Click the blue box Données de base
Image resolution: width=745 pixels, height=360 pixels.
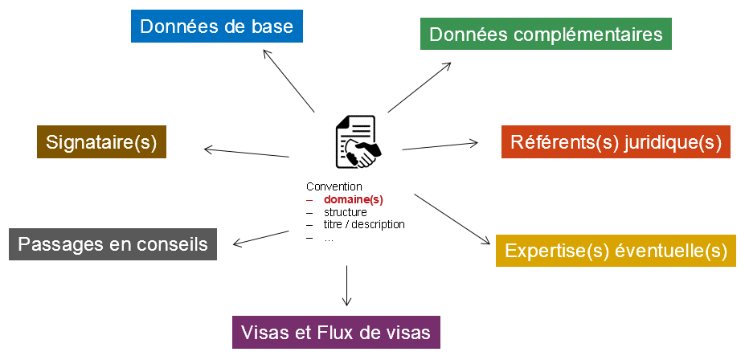tap(217, 27)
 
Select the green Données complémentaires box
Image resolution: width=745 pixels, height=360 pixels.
tap(546, 35)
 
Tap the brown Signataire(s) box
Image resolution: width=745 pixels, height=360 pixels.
tap(101, 142)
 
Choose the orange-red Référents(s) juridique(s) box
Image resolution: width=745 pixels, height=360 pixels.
tap(616, 142)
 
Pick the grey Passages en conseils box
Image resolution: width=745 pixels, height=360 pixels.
tap(113, 243)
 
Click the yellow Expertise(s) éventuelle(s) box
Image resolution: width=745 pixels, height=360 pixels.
tap(616, 251)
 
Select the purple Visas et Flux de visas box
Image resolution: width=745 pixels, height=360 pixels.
tap(337, 332)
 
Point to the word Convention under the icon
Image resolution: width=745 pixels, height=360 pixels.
tap(334, 186)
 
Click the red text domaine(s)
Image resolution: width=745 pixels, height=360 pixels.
tap(354, 199)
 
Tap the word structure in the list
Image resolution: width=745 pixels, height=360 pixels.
tap(346, 212)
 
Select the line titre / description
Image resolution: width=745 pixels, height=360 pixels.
tap(364, 224)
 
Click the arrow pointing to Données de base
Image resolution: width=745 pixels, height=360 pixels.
tap(289, 80)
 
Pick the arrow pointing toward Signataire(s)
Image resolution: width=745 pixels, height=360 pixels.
tap(246, 152)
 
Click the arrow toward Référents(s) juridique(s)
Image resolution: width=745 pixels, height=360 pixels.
tap(440, 145)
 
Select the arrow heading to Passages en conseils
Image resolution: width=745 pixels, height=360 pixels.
tap(260, 238)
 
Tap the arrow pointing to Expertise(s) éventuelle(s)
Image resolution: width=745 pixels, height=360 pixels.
tap(452, 218)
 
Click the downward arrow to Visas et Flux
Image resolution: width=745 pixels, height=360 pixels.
tap(346, 284)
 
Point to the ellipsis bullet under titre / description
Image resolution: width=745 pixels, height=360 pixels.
tap(328, 237)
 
